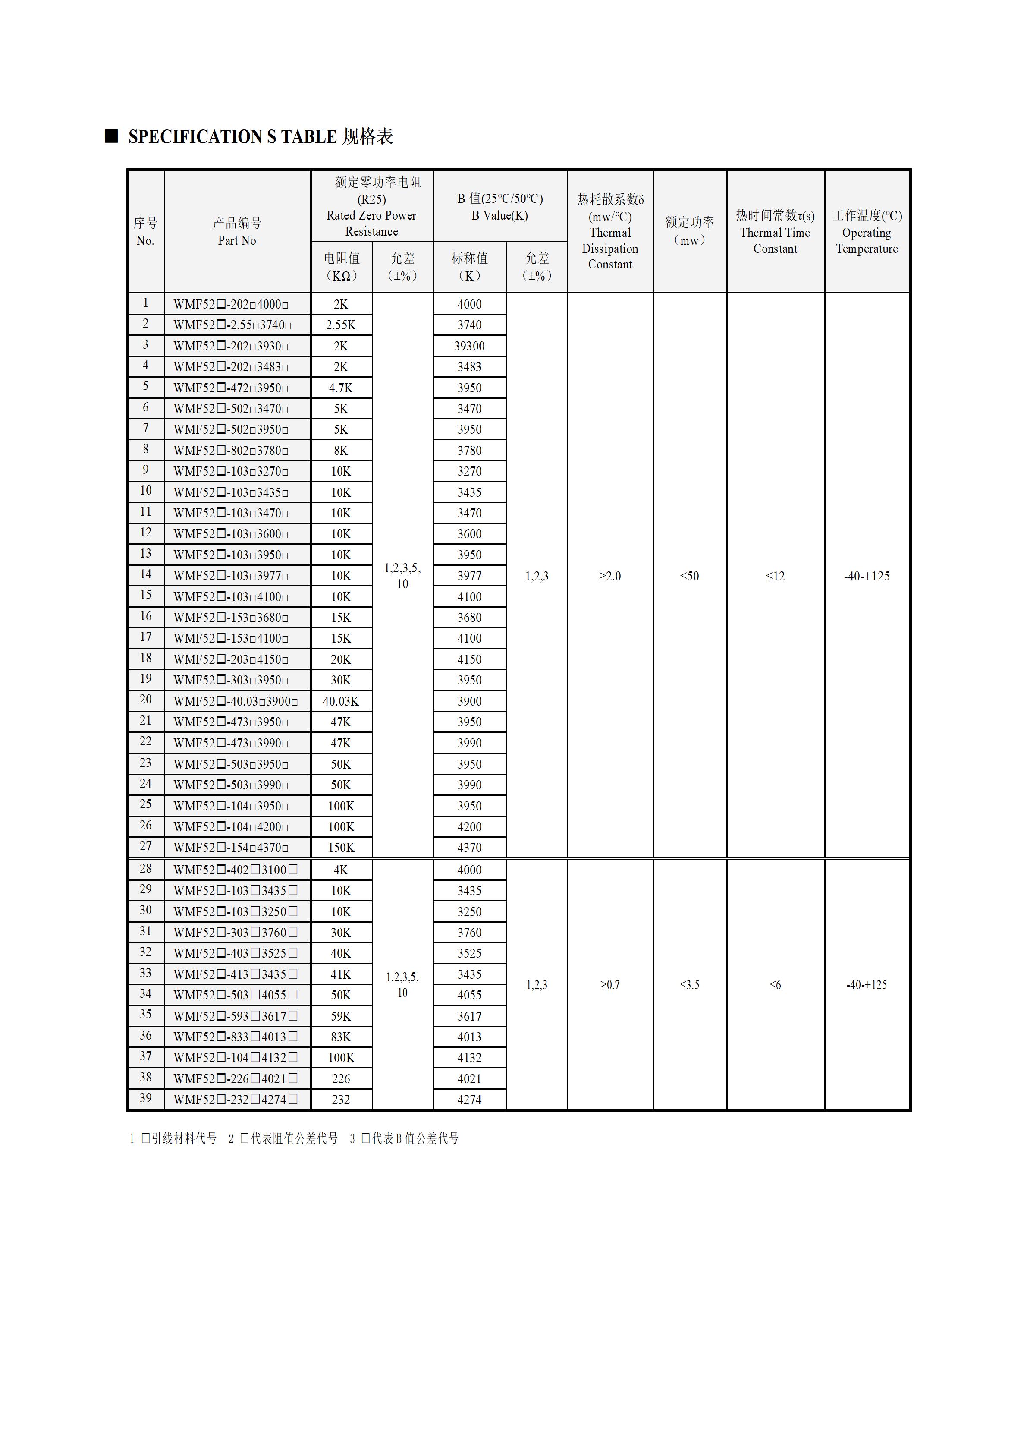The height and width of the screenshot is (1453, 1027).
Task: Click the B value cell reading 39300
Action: pos(469,346)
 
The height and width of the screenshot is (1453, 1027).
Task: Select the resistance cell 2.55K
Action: pos(341,325)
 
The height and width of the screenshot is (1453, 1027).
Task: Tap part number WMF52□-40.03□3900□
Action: pos(235,701)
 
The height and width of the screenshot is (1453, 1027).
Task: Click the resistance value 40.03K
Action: pos(341,701)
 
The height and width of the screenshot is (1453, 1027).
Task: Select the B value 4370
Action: pos(469,848)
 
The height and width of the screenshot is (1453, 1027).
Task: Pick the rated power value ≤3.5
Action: pos(689,985)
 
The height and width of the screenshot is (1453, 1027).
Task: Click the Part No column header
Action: pos(237,232)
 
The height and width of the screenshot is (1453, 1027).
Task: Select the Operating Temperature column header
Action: pos(867,232)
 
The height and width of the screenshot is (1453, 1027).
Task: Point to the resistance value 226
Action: pos(341,1079)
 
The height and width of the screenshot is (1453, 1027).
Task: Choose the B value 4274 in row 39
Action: pos(469,1100)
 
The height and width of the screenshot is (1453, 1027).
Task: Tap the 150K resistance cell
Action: pos(341,848)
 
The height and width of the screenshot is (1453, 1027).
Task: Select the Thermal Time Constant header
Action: pos(775,232)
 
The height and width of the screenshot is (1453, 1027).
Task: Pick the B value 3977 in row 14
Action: pos(469,576)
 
